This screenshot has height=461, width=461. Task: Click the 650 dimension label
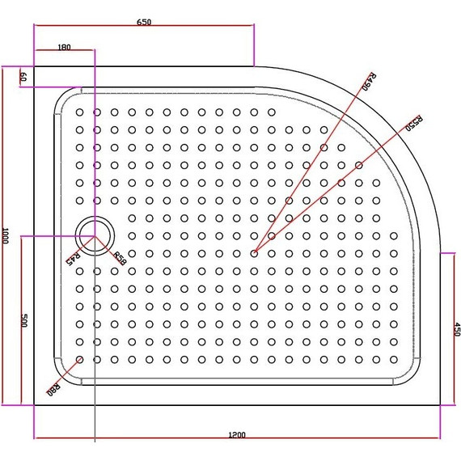143,21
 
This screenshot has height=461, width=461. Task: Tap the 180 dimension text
65,47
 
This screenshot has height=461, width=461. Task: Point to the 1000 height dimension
6,235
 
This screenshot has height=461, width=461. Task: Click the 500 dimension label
24,321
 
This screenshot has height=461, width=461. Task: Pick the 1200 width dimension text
236,436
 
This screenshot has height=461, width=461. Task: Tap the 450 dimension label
456,329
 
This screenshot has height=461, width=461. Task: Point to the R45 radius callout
71,258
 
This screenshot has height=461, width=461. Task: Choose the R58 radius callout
118,259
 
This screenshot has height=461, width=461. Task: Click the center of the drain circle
95,236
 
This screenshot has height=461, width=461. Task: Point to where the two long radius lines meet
254,253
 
